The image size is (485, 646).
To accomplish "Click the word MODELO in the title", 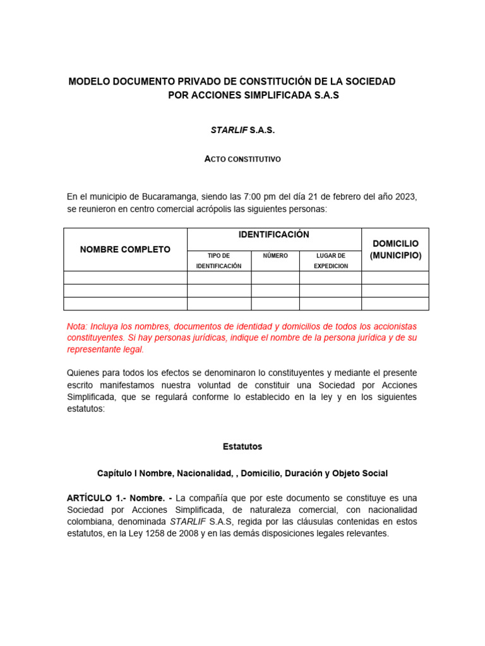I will pyautogui.click(x=89, y=81).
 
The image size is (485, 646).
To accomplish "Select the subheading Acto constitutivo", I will pyautogui.click(x=242, y=160).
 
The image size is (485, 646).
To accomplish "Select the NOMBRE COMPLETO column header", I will pyautogui.click(x=125, y=250).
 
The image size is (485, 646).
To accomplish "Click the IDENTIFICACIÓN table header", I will pyautogui.click(x=274, y=235).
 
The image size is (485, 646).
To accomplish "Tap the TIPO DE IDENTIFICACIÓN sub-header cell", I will pyautogui.click(x=219, y=261).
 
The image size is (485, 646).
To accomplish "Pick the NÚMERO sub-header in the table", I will pyautogui.click(x=275, y=255).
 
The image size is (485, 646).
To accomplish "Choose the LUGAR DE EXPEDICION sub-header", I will pyautogui.click(x=330, y=261).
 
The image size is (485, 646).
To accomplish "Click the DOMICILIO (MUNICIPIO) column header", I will pyautogui.click(x=395, y=249).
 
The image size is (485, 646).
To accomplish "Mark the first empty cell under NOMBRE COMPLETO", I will pyautogui.click(x=125, y=278).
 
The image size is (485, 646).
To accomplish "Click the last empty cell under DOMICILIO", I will pyautogui.click(x=395, y=303).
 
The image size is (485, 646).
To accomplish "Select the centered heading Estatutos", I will pyautogui.click(x=242, y=447).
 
